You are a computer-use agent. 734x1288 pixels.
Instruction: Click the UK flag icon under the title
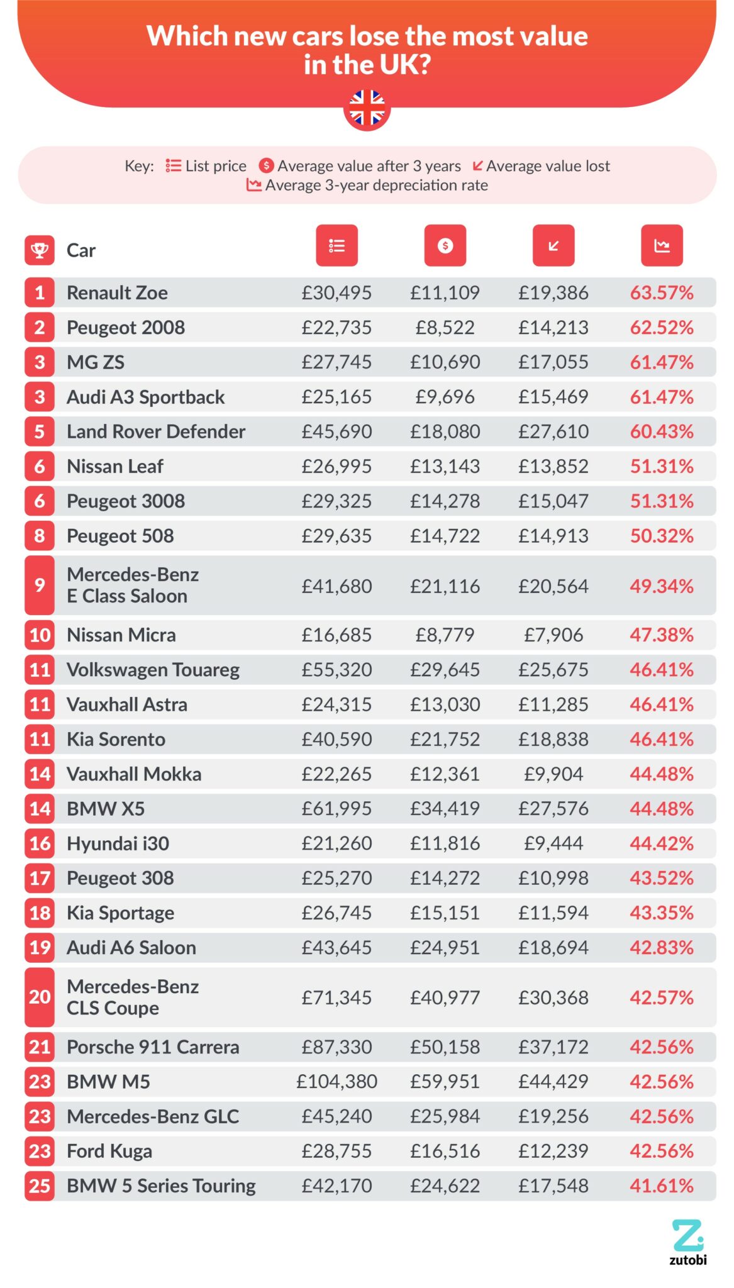point(367,109)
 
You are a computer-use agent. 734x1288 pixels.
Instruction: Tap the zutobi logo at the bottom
point(687,1241)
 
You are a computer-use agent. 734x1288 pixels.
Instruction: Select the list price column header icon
point(336,245)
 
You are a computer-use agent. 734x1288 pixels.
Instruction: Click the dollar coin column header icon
point(445,245)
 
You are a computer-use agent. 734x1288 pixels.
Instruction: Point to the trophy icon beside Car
point(40,250)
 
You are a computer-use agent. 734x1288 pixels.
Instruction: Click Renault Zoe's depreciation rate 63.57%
point(661,292)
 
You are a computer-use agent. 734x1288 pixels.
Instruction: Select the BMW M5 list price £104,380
point(336,1081)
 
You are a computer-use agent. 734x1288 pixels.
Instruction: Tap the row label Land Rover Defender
point(155,431)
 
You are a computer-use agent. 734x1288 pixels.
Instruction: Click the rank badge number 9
point(40,585)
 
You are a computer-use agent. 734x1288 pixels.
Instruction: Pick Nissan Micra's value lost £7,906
point(553,635)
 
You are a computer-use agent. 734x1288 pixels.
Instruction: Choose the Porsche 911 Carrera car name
point(153,1046)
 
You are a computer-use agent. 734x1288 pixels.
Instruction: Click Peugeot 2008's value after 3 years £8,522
point(445,327)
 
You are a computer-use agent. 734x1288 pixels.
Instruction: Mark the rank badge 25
point(40,1185)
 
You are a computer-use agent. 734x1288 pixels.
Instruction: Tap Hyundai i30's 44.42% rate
point(661,843)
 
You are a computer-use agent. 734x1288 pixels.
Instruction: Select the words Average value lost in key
point(547,166)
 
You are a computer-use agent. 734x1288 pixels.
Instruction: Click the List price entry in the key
point(215,166)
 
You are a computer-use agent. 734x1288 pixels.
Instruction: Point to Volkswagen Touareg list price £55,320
point(336,669)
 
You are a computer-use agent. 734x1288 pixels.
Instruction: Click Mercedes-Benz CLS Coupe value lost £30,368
point(553,997)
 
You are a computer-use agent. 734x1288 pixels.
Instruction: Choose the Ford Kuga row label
point(109,1151)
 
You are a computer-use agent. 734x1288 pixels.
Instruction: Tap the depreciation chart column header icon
point(661,245)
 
